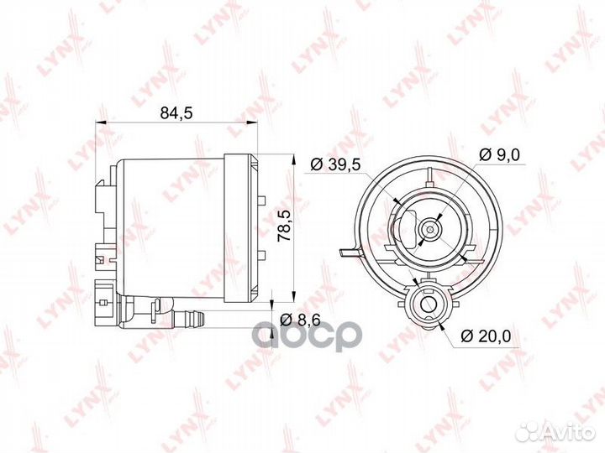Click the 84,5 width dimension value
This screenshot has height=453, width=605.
click(x=176, y=113)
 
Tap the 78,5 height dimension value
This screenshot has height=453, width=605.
click(x=285, y=226)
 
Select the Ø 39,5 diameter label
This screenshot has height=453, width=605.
click(x=335, y=164)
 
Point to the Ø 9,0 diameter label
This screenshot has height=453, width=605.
click(x=499, y=155)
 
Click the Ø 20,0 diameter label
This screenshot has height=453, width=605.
click(x=486, y=336)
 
